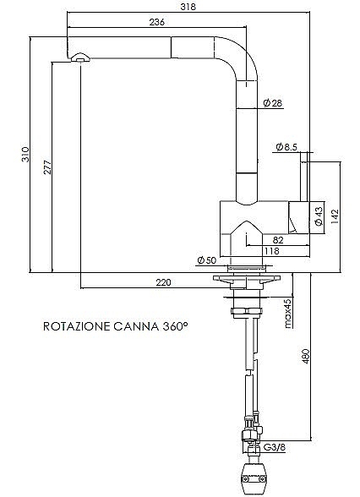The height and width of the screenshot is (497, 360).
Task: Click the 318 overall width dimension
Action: pyautogui.click(x=188, y=7)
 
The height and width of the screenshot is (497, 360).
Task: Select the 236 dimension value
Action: pyautogui.click(x=156, y=22)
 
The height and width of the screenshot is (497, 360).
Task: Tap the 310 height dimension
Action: pyautogui.click(x=25, y=155)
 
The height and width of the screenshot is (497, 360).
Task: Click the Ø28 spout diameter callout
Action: pyautogui.click(x=272, y=103)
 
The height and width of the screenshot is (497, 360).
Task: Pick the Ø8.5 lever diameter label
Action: pyautogui.click(x=286, y=147)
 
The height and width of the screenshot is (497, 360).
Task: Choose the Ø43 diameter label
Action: pyautogui.click(x=319, y=216)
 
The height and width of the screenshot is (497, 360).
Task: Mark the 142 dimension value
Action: pyautogui.click(x=335, y=216)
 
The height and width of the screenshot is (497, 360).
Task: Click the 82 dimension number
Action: pyautogui.click(x=277, y=240)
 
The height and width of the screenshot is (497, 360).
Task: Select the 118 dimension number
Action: pyautogui.click(x=272, y=251)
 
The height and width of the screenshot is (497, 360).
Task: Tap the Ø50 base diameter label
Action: pyautogui.click(x=206, y=260)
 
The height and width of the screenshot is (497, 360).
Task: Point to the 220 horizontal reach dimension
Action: pyautogui.click(x=164, y=281)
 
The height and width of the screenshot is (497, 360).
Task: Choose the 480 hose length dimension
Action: pyautogui.click(x=306, y=356)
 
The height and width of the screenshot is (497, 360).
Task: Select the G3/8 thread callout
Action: pyautogui.click(x=275, y=447)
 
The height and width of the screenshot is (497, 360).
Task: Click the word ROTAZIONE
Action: pyautogui.click(x=76, y=326)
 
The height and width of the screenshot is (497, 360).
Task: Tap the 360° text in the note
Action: pyautogui.click(x=175, y=326)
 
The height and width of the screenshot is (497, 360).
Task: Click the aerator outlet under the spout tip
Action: pyautogui.click(x=80, y=57)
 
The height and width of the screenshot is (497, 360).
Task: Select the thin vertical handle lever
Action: pyautogui.click(x=304, y=177)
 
